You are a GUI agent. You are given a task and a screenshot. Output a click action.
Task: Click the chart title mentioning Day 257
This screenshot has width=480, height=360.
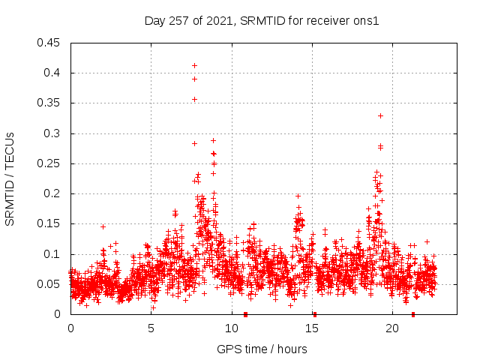[x=262, y=21]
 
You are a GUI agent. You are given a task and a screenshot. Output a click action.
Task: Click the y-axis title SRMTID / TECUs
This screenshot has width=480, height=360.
[x=10, y=178]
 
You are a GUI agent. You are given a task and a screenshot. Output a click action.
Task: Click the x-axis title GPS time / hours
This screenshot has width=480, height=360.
[x=262, y=349]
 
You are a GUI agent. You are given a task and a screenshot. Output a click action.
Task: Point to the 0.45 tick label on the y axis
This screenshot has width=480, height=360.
[x=49, y=43]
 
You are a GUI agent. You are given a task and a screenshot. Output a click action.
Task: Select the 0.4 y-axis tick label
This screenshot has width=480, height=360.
[x=52, y=73]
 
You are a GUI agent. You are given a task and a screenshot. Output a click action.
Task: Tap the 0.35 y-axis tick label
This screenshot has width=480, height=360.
[x=49, y=103]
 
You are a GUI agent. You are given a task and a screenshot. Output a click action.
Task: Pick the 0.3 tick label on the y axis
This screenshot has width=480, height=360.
[x=52, y=133]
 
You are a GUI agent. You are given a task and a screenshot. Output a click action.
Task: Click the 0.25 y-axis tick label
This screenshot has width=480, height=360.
[x=49, y=163]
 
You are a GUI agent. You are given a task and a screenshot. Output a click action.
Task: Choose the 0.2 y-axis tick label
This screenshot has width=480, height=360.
[x=52, y=193]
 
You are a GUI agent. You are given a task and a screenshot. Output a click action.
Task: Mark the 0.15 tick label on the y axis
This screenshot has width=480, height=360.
[x=49, y=223]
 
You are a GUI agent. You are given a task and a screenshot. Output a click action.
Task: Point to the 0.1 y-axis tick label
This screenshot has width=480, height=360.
[x=52, y=254]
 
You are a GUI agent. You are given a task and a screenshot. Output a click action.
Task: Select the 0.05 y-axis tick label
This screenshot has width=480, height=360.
[x=49, y=284]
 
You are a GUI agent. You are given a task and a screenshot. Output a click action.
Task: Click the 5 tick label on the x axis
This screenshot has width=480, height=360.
[x=151, y=328]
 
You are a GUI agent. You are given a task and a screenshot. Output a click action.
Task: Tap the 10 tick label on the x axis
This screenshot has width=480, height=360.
[x=231, y=328]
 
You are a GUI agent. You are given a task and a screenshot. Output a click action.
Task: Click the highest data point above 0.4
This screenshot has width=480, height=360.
[x=194, y=65]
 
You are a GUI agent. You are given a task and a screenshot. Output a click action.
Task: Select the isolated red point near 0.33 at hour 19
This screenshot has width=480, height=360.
[x=381, y=115]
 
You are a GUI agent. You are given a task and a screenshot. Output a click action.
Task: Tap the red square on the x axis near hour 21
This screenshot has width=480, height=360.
[x=413, y=314]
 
